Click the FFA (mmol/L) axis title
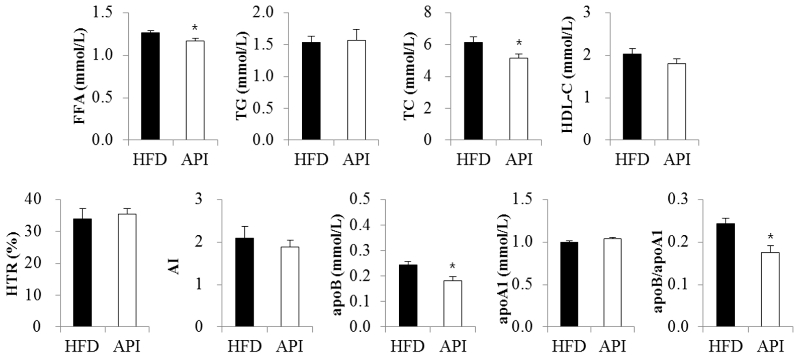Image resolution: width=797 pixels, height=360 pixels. [80, 76]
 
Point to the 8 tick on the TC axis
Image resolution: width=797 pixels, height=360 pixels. [428, 13]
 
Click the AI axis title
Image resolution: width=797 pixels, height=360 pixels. [176, 268]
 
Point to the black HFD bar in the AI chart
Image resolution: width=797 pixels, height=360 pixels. [244, 282]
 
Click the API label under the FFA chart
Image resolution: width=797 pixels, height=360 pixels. [195, 160]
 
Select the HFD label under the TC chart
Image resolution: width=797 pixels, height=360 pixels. [473, 160]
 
